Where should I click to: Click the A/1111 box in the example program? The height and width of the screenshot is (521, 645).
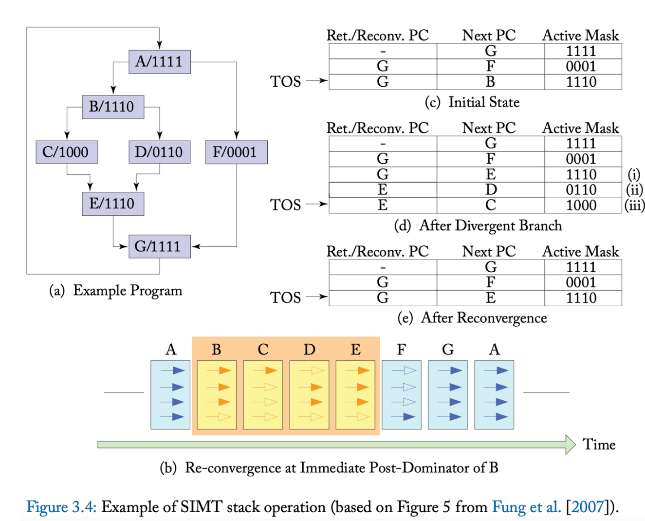pos(159,62)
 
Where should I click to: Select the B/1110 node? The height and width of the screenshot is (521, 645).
pos(112,107)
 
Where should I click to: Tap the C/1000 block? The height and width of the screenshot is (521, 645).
pos(66,152)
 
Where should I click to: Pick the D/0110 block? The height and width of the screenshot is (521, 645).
pos(159,152)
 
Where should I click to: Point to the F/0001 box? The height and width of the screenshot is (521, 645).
pos(236,152)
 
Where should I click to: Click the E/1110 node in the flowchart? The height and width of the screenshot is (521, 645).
pos(112,203)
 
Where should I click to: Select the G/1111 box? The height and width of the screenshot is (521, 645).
pos(159,246)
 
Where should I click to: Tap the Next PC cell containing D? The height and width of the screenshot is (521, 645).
pos(491,190)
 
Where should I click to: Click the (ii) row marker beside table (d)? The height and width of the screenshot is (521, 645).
pos(634,190)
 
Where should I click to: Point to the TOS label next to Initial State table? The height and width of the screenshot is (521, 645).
pos(286,81)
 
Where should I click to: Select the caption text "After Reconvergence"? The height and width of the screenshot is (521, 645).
pos(483,318)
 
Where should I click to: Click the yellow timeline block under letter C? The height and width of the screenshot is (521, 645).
pos(263,394)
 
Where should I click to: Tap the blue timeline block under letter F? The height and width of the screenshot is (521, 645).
pos(401,394)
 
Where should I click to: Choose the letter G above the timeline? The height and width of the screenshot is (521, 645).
pos(448,350)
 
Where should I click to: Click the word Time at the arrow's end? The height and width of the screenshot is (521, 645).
pos(599,445)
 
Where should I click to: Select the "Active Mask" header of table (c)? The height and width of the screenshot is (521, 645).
pos(581,36)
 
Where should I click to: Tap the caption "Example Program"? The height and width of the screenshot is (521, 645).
pos(128,291)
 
